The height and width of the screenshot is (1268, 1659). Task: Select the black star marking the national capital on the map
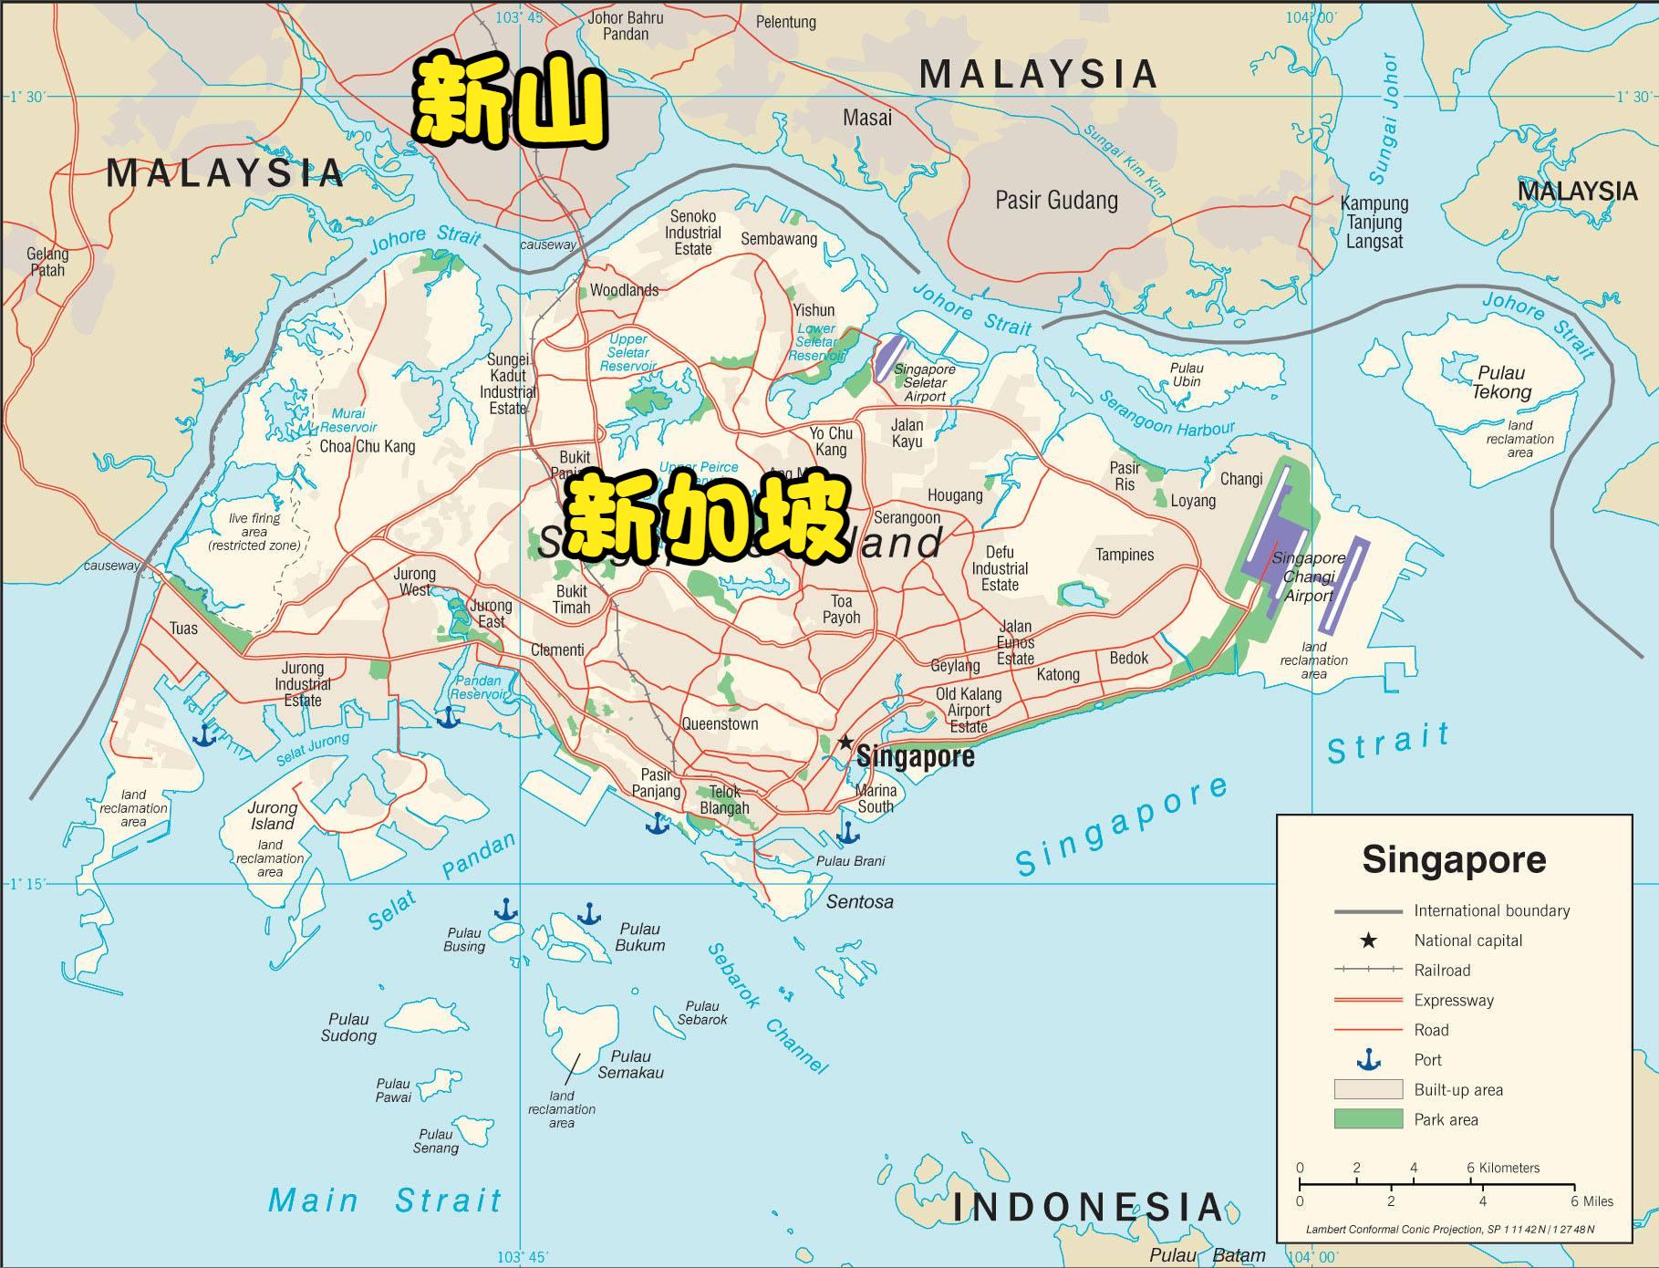845,742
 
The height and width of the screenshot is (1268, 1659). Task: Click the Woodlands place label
624,290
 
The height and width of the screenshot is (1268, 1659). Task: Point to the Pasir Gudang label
1056,201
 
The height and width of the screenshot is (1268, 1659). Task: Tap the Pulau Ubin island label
1187,375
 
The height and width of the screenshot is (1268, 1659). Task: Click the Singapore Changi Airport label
1309,577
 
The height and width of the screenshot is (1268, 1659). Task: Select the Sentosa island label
859,902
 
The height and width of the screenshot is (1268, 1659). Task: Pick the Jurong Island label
272,816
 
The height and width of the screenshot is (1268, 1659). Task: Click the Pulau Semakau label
630,1065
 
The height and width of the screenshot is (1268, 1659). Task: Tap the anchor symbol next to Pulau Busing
505,909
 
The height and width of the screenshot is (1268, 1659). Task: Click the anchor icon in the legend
1367,1060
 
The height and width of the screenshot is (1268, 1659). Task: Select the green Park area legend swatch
1367,1119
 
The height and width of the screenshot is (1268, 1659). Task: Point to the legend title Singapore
1454,860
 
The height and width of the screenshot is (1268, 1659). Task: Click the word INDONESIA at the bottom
1087,1208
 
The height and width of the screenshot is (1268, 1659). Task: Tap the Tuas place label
183,629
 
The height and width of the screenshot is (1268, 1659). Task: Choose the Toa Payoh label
841,609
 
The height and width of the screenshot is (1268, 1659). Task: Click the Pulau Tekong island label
1501,382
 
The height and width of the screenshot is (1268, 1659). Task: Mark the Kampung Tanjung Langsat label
1374,223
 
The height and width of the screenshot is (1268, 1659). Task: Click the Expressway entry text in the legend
1454,1000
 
